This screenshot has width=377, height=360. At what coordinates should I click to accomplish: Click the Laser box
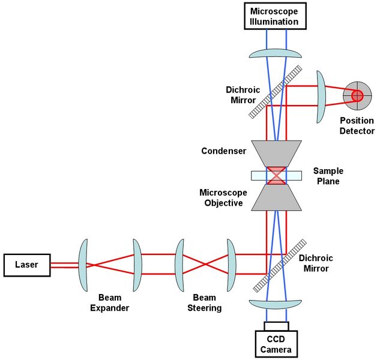click(26, 265)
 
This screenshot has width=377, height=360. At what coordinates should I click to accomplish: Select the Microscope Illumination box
click(274, 16)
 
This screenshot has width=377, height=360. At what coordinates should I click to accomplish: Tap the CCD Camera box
click(274, 344)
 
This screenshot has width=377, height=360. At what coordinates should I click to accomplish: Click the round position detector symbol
click(357, 95)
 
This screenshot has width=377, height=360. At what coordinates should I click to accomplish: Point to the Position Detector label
click(357, 126)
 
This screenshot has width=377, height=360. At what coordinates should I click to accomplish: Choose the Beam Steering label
click(207, 302)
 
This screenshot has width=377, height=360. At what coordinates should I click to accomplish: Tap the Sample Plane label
click(328, 176)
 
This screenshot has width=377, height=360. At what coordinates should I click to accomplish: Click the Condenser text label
click(224, 151)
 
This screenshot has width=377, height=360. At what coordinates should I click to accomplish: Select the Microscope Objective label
click(221, 197)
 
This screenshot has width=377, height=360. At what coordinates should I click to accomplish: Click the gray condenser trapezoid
click(276, 153)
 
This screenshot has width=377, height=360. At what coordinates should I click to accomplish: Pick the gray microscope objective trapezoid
click(276, 198)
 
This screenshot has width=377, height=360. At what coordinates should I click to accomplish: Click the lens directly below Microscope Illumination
click(276, 53)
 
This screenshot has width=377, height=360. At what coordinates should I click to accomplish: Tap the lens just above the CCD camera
click(276, 305)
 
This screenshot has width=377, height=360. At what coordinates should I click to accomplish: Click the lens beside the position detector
click(321, 96)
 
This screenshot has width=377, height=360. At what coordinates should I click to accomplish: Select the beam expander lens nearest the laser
click(84, 264)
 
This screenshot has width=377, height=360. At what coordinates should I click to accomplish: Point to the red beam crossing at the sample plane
click(276, 175)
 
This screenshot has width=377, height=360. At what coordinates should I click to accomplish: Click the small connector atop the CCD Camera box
click(276, 326)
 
